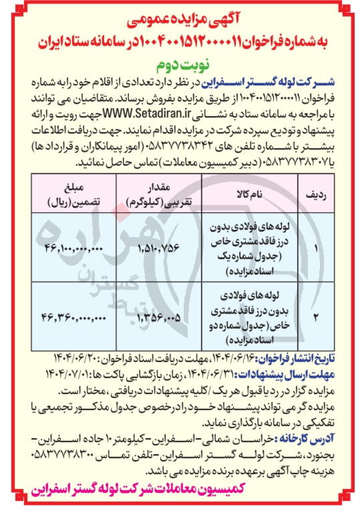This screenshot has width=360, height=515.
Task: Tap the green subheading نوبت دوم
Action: [x=180, y=65]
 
